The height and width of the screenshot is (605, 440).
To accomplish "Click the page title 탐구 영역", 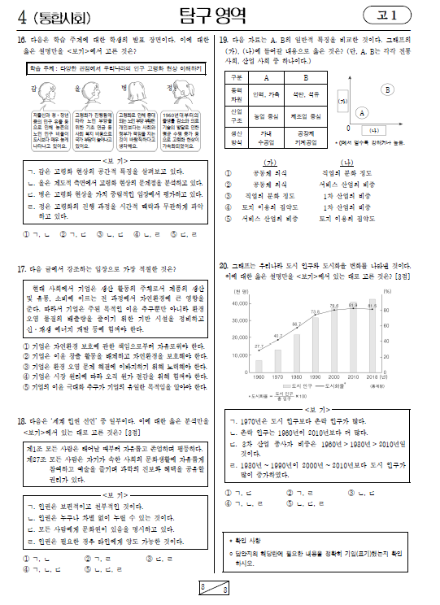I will pyautogui.click(x=220, y=15).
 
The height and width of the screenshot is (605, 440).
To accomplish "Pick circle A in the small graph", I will pyautogui.click(x=361, y=113).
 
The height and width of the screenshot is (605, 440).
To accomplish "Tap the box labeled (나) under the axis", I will pyautogui.click(x=373, y=129).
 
